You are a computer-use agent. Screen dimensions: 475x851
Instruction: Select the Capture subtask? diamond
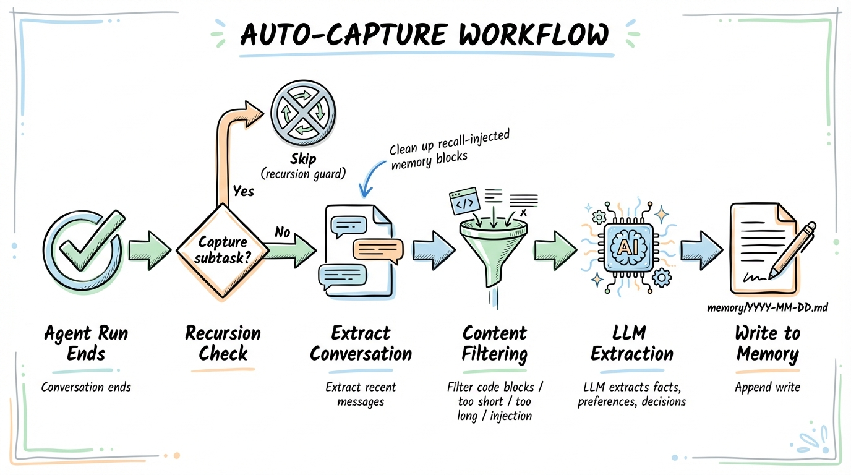coord(223,250)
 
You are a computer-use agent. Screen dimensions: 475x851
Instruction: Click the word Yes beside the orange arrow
coord(243,191)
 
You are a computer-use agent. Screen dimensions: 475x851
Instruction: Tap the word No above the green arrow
coord(283,233)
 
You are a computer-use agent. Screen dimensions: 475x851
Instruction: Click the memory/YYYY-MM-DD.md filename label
coord(767,306)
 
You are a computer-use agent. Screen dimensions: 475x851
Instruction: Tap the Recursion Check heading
coord(223,344)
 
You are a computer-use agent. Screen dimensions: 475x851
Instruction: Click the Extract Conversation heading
coord(361,344)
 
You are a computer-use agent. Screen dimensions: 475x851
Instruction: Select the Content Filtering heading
coord(495,344)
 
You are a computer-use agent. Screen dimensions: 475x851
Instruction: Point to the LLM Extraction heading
coord(631,344)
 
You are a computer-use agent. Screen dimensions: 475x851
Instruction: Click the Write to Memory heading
coord(767,344)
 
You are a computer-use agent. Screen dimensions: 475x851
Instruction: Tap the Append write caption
coord(767,387)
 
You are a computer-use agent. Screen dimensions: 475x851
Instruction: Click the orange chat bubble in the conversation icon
coord(377,249)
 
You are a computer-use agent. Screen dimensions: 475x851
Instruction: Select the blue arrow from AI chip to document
coord(701,250)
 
